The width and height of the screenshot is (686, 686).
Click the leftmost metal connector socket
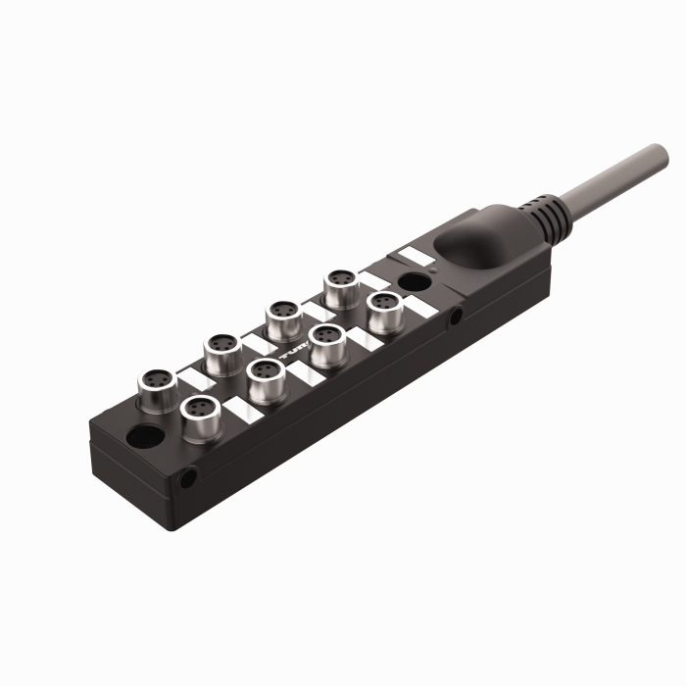pos(156,379)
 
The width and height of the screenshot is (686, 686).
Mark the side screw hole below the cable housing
pos(456,317)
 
